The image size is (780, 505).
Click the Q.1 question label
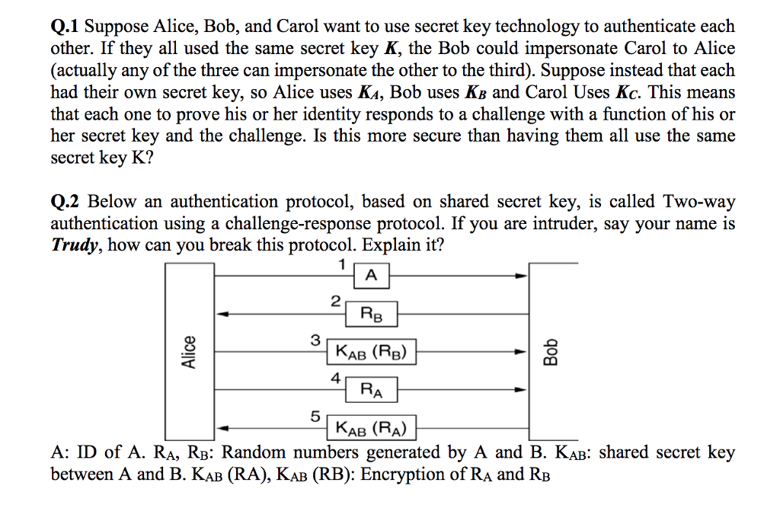[x=65, y=27]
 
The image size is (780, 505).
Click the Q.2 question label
[x=66, y=203]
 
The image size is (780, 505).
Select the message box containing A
[x=371, y=276]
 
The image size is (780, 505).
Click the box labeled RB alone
[x=371, y=312]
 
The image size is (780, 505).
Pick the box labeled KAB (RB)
[x=371, y=353]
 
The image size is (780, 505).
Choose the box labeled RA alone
[x=371, y=392]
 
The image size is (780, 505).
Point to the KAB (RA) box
[x=371, y=428]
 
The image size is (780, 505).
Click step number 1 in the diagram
[x=342, y=264]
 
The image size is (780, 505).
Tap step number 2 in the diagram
[x=335, y=301]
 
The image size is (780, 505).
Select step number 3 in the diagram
[x=315, y=340]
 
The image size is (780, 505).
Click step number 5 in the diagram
[x=315, y=416]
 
